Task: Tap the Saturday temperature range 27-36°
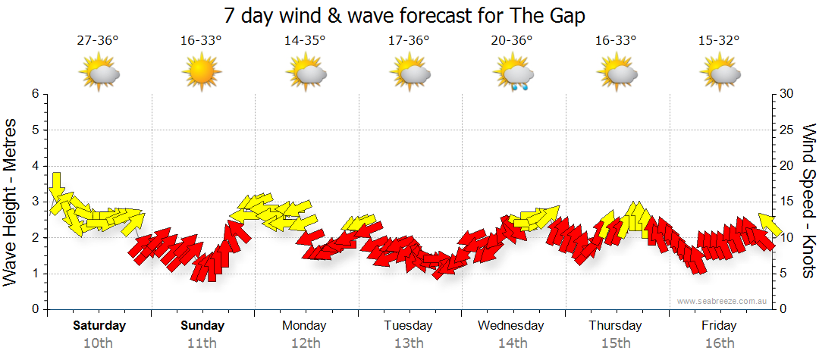[98, 41]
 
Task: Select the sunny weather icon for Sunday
[201, 74]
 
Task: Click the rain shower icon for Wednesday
[514, 75]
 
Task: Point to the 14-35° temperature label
[305, 41]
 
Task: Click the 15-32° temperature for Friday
[719, 41]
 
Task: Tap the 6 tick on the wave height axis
[34, 94]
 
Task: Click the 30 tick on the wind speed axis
[787, 94]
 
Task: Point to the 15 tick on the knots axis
[787, 202]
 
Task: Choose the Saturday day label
[99, 326]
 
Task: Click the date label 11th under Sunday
[202, 343]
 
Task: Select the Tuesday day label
[408, 326]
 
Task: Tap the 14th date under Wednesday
[512, 343]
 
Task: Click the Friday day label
[719, 326]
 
